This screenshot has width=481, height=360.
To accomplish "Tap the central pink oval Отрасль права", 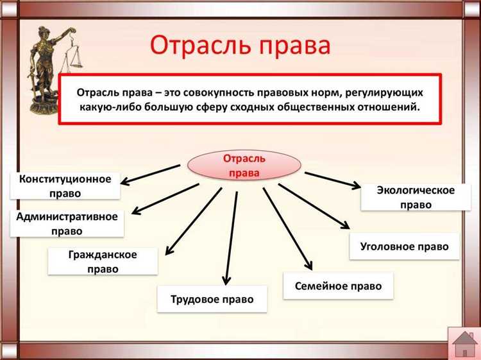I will (244, 166).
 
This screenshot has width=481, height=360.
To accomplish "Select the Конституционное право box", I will (65, 185).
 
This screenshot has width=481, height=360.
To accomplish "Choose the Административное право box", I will (66, 223).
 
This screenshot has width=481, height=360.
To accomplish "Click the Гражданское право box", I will (103, 262).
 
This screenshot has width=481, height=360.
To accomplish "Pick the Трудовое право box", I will (212, 299).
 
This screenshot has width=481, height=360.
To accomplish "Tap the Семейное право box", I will (338, 286).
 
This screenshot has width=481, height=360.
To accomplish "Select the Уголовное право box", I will (404, 246).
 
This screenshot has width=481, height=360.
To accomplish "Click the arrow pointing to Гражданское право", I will (192, 221).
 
